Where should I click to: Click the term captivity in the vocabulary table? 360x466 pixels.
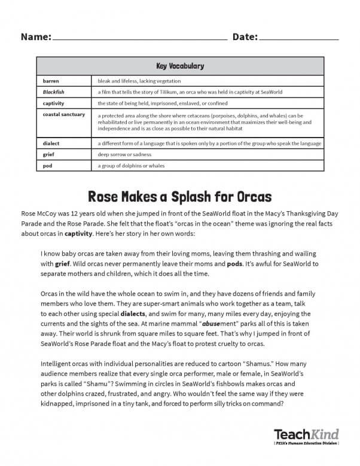pos(53,103)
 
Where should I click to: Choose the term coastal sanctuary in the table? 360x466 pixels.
pos(64,114)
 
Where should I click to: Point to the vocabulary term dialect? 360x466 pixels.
pos(51,144)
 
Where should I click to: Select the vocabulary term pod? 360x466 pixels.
pos(47,166)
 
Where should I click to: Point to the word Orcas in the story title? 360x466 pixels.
pos(252,196)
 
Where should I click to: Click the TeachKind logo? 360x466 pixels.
pos(306,434)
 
